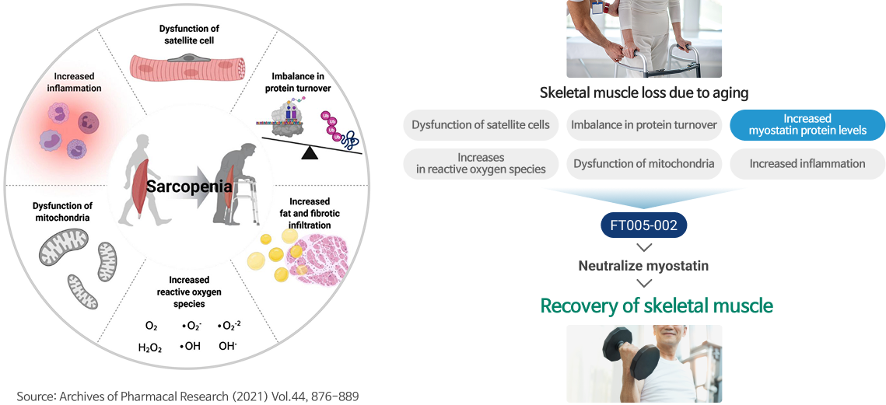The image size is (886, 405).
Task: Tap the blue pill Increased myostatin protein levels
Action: click(x=807, y=125)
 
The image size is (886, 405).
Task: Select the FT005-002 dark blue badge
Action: click(x=643, y=226)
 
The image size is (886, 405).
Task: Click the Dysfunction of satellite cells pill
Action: click(x=480, y=125)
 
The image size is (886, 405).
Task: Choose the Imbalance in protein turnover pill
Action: click(x=643, y=125)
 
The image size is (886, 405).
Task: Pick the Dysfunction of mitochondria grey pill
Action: click(x=643, y=164)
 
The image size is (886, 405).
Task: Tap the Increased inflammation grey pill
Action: click(x=807, y=164)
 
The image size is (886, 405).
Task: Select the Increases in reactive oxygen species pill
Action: click(x=480, y=164)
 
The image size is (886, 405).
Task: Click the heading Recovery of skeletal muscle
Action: click(x=657, y=305)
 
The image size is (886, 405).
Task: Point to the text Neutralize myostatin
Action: click(x=643, y=266)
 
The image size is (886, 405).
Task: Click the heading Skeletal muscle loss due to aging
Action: click(x=643, y=92)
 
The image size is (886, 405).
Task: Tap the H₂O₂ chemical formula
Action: click(x=149, y=348)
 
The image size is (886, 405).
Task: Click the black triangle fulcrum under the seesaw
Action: click(x=310, y=152)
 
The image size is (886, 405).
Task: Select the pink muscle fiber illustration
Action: click(x=185, y=67)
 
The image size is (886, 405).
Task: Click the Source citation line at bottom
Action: click(x=187, y=396)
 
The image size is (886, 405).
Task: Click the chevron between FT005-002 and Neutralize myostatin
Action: click(x=643, y=247)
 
